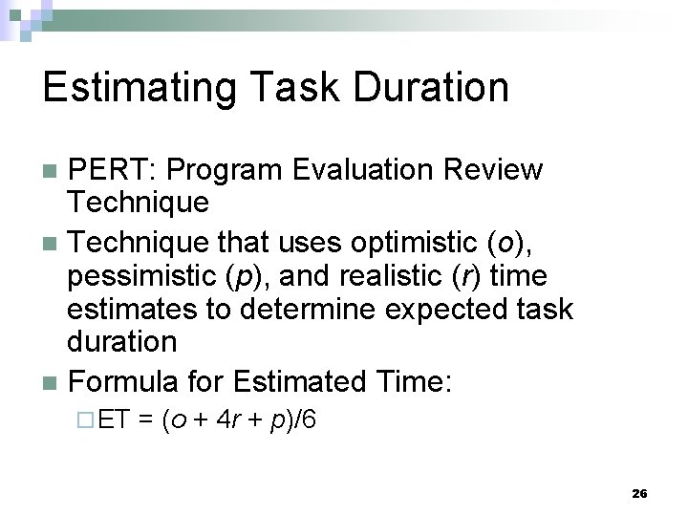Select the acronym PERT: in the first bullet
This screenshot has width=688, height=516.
(x=115, y=170)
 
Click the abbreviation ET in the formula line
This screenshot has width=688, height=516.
(x=112, y=420)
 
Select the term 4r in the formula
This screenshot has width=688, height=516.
(x=227, y=420)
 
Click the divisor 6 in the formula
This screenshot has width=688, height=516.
(x=309, y=420)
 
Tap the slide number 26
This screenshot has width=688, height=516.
(x=639, y=493)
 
